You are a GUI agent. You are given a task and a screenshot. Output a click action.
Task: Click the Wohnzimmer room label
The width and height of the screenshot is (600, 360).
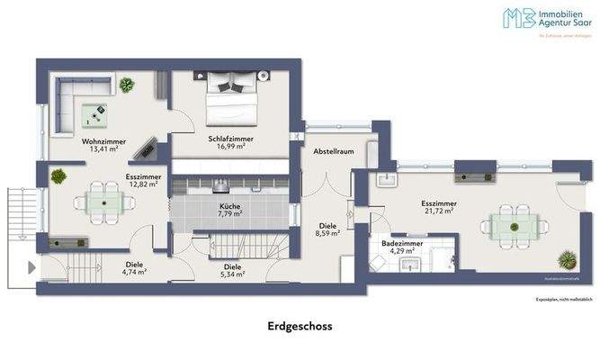click(x=87, y=141)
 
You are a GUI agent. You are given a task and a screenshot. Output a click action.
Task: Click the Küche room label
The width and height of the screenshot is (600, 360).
click(x=229, y=205)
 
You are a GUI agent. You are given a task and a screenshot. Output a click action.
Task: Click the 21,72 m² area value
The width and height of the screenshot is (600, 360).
click(x=438, y=211)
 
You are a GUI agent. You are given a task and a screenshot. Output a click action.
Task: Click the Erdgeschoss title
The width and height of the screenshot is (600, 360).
click(x=300, y=327)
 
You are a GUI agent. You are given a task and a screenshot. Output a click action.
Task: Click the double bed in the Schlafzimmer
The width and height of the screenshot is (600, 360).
click(x=230, y=98)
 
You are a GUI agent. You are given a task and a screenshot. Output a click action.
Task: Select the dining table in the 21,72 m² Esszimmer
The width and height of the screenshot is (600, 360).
click(x=509, y=223)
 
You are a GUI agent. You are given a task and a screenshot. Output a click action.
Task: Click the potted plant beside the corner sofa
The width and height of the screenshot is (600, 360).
click(x=127, y=85)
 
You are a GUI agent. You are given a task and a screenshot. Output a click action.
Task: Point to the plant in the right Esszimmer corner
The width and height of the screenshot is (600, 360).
click(x=567, y=261)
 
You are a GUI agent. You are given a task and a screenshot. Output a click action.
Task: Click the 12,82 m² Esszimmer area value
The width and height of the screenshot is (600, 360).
click(x=142, y=185)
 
